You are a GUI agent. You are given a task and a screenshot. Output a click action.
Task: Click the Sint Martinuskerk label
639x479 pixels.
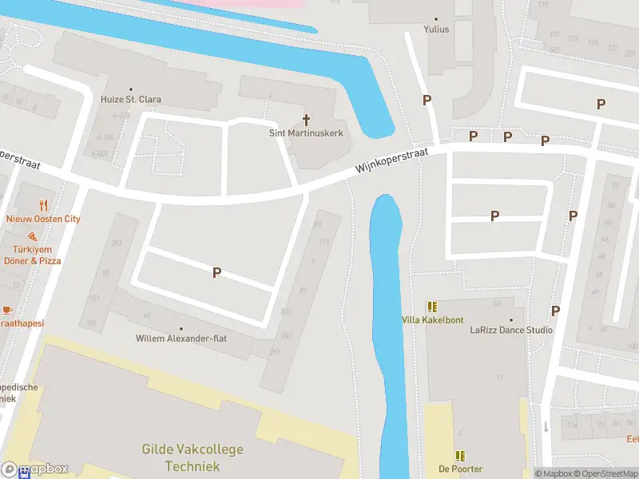(x=306, y=133)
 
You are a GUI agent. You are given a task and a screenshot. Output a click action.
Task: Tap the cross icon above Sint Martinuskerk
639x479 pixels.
(x=306, y=119)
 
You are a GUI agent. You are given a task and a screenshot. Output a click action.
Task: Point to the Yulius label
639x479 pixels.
(x=436, y=30)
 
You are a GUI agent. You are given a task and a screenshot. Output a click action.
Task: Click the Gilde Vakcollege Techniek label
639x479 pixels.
(x=192, y=457)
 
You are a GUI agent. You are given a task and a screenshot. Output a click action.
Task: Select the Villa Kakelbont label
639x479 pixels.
(x=432, y=320)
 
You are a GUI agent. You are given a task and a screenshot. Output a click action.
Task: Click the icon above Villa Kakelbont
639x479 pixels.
(x=432, y=307)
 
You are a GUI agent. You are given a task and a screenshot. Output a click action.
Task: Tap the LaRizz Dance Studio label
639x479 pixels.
(x=511, y=330)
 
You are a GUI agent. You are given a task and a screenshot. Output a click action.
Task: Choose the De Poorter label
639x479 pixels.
(x=460, y=469)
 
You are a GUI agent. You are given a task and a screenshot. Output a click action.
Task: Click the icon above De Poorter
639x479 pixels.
(x=460, y=455)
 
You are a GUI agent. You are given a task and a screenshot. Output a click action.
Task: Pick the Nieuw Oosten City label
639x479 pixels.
(x=43, y=219)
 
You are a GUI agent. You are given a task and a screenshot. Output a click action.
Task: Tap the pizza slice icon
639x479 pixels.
(x=32, y=237)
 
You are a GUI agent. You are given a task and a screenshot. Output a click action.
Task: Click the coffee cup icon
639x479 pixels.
(x=7, y=309)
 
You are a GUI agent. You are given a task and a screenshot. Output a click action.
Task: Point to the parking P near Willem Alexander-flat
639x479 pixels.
(x=216, y=272)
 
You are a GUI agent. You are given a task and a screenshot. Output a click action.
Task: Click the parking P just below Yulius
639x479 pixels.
(x=427, y=100)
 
